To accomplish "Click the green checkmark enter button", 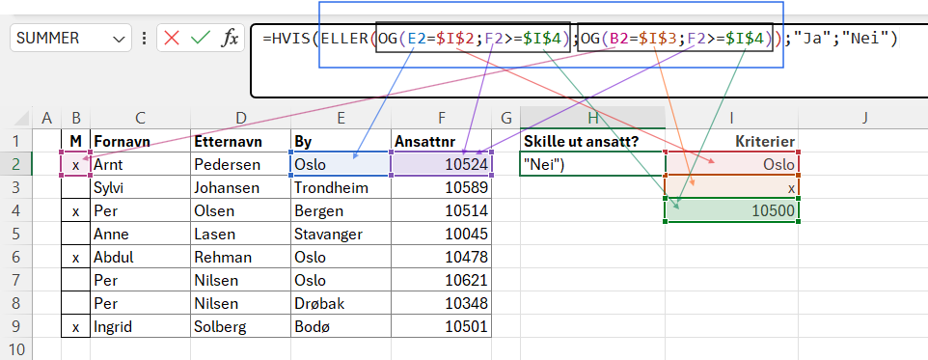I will pos(201,39).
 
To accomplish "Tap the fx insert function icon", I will pos(230,39).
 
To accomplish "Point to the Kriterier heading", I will pos(765,142).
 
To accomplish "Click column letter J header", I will pos(865,118).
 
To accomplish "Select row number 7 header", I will pos(16,279).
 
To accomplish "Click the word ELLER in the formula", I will pos(346,39).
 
